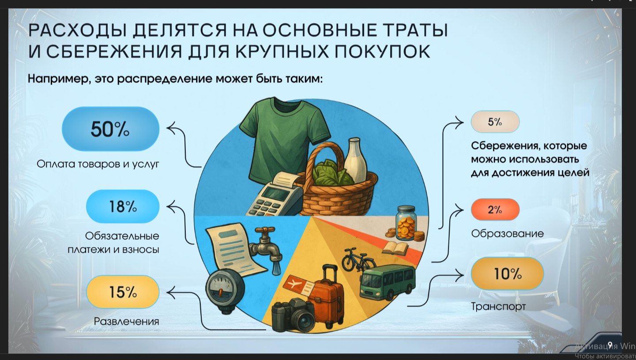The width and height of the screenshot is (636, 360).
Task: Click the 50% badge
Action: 110,129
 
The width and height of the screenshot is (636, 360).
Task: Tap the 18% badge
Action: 123,206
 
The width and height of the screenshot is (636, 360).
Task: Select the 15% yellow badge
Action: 123,292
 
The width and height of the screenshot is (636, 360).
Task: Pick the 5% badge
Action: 495,122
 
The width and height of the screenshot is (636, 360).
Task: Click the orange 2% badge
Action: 495,210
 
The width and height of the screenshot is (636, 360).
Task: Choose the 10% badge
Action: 508,274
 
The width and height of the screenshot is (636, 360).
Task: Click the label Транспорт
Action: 498,307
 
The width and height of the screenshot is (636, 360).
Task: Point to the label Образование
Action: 508,234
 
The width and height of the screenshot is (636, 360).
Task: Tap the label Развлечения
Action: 126,321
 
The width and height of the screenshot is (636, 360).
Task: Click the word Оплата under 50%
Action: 56,164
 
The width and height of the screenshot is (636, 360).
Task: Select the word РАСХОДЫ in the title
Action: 78,30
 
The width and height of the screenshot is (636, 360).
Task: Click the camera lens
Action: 305,321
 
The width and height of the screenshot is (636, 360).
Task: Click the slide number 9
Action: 610,345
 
